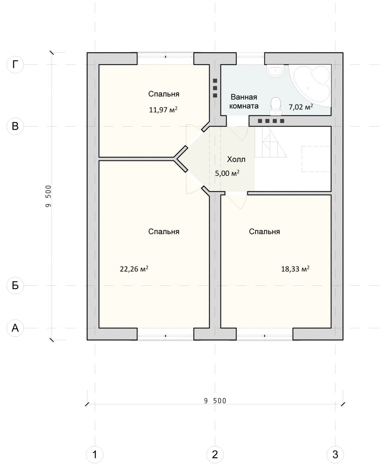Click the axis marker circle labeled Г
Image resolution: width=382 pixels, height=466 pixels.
click(15, 65)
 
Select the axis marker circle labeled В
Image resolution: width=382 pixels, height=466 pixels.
click(15, 126)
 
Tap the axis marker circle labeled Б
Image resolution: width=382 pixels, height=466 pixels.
click(15, 285)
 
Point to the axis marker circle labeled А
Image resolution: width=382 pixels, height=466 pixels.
click(15, 328)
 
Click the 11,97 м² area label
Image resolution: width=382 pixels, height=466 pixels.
click(163, 110)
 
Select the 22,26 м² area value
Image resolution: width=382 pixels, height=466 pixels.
click(134, 269)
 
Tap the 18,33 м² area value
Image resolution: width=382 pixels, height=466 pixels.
click(295, 269)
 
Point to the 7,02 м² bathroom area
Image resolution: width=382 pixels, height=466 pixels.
click(301, 107)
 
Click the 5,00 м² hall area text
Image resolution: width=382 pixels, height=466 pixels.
click(227, 173)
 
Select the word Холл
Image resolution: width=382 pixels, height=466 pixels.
click(236, 159)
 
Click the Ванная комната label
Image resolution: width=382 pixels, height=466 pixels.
click(244, 101)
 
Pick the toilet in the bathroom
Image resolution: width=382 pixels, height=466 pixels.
click(276, 106)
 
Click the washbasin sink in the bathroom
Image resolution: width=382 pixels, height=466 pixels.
click(275, 71)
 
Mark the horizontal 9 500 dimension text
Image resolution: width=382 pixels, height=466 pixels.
click(215, 401)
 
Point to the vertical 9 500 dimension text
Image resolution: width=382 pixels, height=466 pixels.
click(49, 196)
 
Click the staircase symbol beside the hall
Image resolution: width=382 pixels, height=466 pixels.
click(271, 142)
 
